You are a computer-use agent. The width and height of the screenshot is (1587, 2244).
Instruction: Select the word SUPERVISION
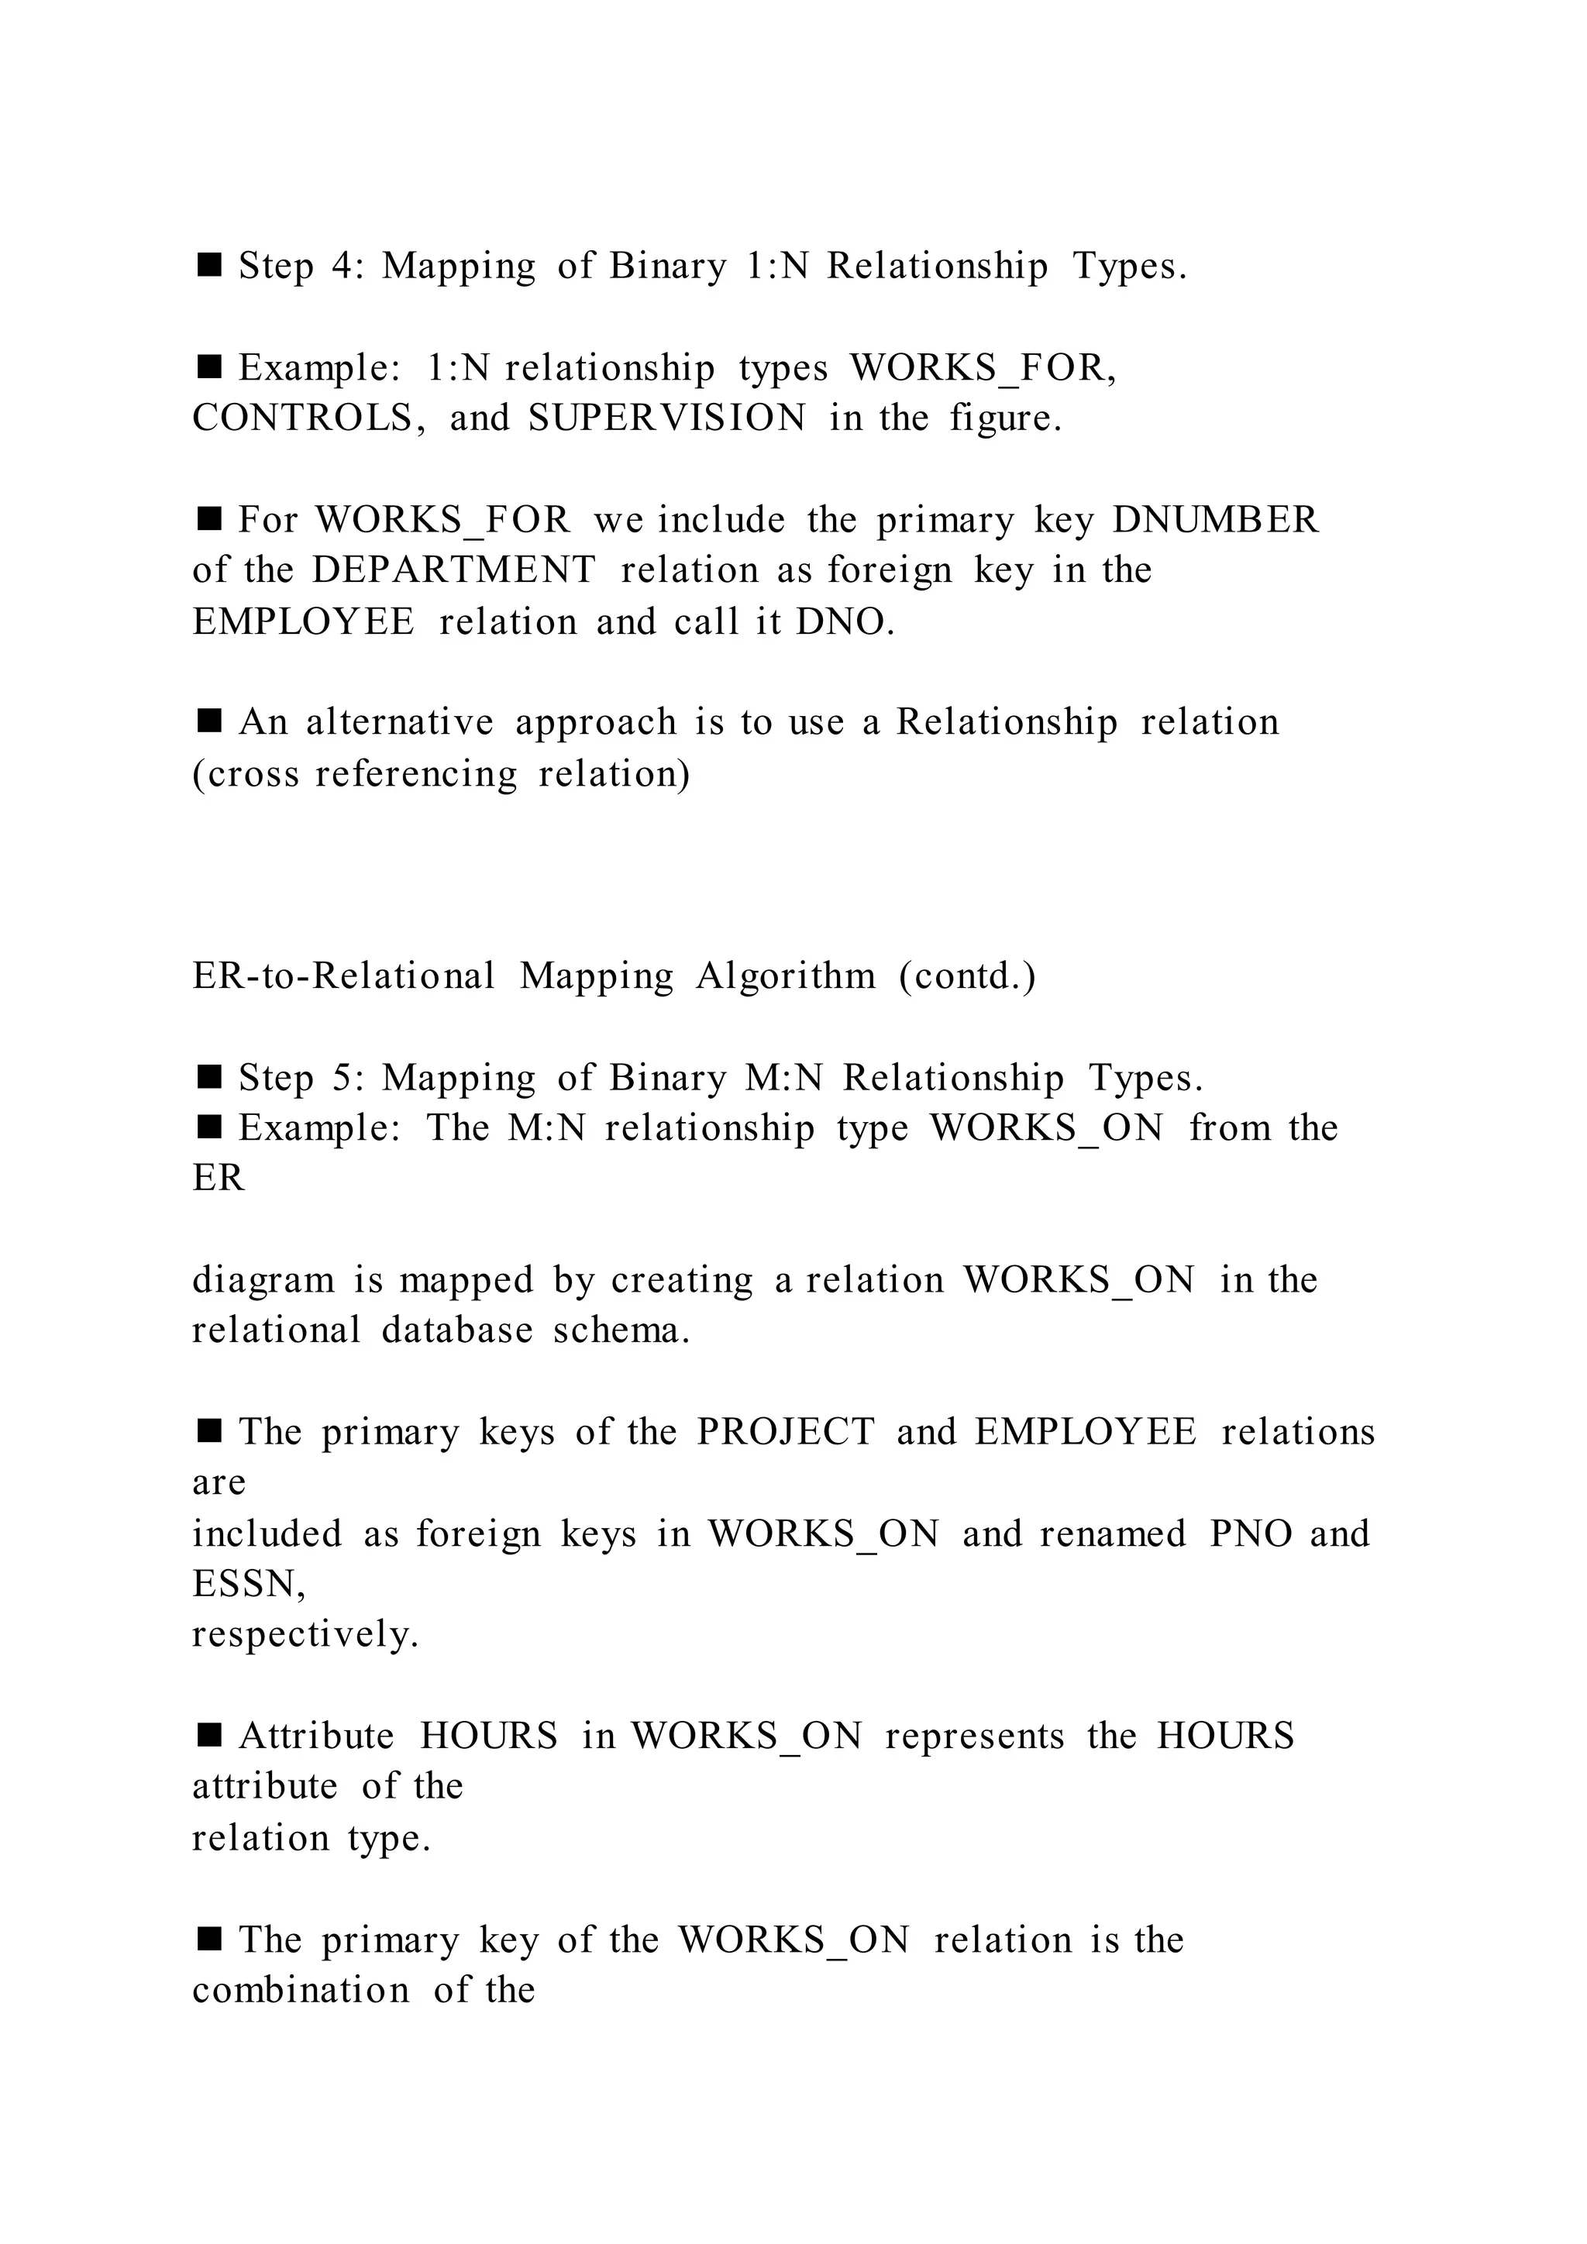coord(667,418)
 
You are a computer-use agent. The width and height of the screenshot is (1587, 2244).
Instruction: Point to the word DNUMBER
coord(1216,520)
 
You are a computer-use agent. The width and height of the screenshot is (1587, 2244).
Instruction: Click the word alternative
coord(400,722)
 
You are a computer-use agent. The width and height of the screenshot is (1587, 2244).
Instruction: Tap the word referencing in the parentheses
coord(416,774)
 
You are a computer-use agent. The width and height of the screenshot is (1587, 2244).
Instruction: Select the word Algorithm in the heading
coord(786,976)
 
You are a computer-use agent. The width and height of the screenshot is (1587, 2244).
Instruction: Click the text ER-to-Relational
coord(344,976)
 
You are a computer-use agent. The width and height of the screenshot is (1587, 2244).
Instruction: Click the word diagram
coord(263,1280)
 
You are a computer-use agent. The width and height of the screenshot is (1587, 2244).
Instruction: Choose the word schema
coord(621,1331)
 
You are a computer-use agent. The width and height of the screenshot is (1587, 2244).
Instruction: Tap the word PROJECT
coord(785,1433)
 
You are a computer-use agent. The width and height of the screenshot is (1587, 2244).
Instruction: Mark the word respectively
coord(305,1635)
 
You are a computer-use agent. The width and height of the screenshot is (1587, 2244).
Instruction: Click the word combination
coord(300,1991)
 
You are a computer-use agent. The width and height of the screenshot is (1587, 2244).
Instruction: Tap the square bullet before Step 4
coord(209,265)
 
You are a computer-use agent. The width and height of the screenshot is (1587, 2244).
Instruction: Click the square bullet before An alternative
coord(209,721)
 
